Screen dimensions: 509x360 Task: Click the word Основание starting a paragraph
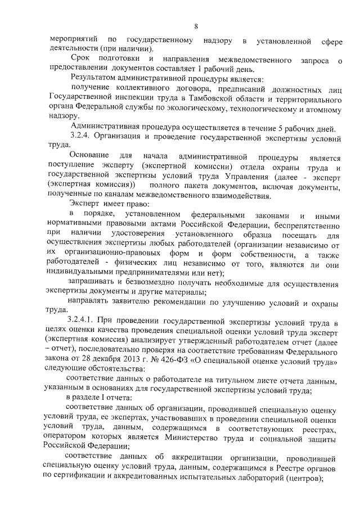(x=88, y=155)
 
